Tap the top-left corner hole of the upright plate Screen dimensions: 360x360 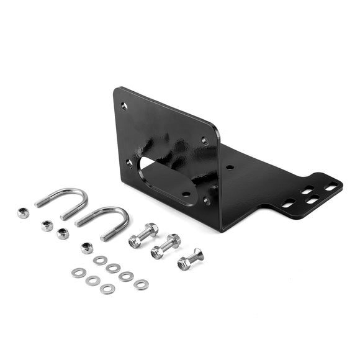[124, 106]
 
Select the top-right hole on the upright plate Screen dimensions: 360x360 [204, 141]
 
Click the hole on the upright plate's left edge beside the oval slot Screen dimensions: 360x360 [129, 163]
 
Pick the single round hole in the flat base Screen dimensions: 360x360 [230, 167]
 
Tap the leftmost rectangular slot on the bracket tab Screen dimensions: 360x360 [287, 203]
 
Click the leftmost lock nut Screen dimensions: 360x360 [23, 213]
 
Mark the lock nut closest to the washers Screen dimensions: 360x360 [87, 248]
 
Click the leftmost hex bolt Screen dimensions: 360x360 [142, 236]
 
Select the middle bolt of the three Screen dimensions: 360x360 [164, 247]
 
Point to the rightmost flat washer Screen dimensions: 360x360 [141, 284]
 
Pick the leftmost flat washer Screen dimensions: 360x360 [78, 272]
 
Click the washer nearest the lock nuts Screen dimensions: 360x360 [100, 260]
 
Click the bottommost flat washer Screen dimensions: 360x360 [107, 289]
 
